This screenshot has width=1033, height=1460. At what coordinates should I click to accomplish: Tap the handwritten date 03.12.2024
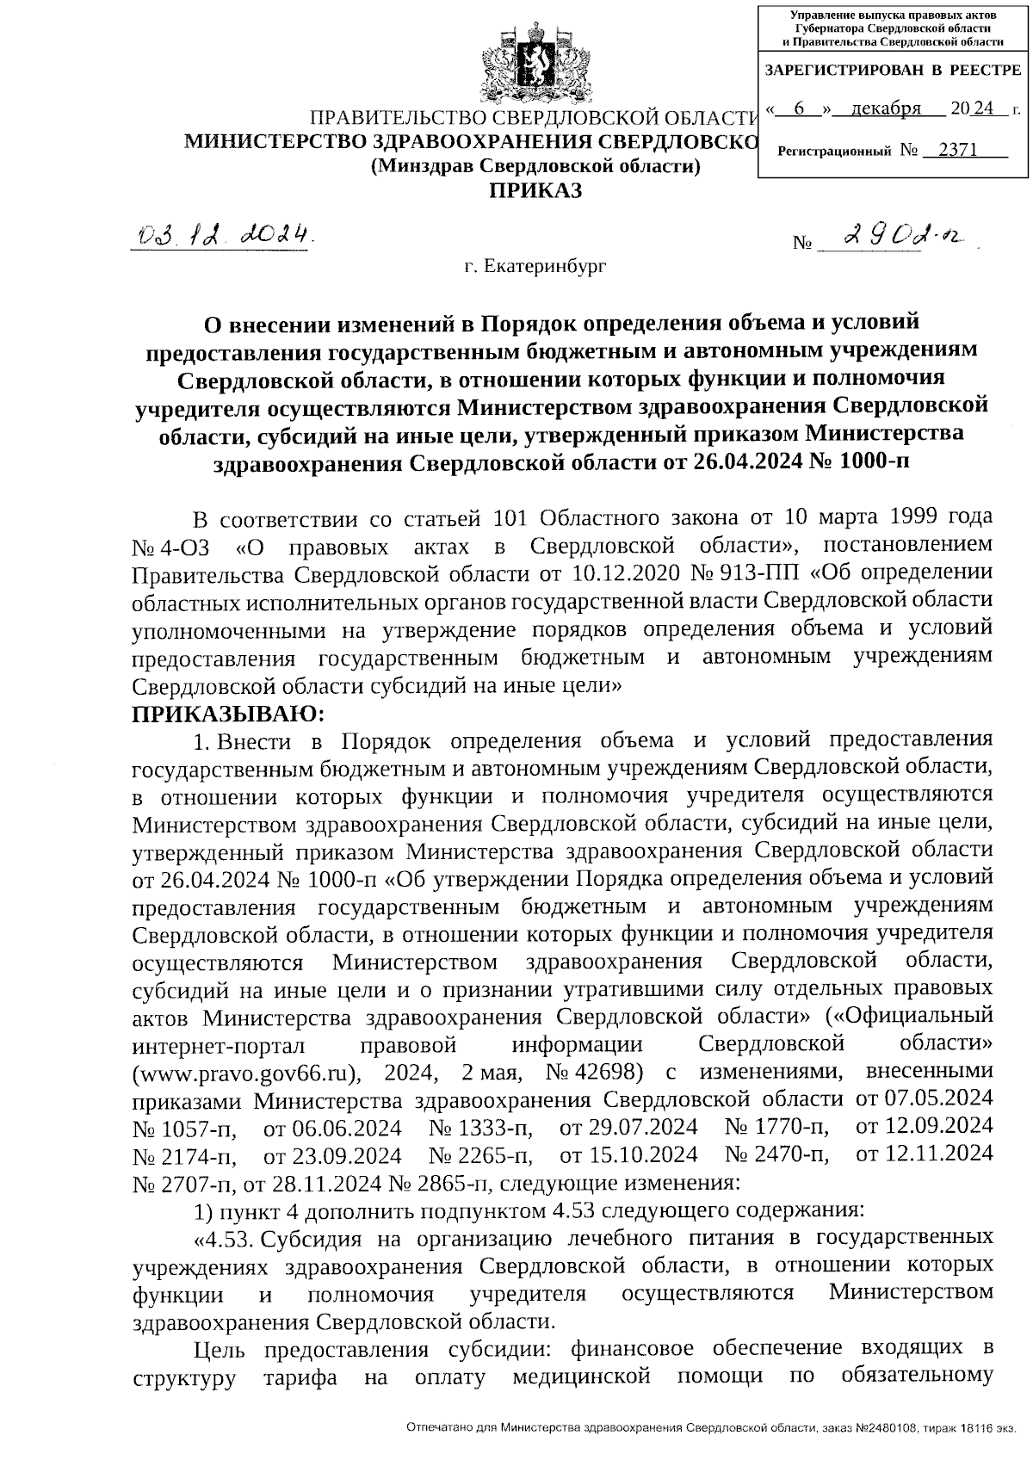(223, 234)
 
